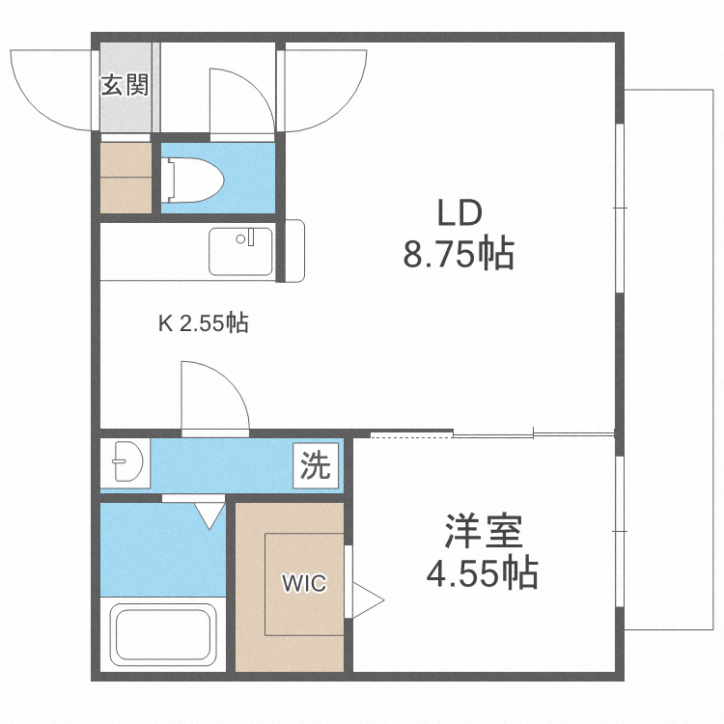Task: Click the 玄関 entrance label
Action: (125, 85)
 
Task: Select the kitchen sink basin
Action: (240, 251)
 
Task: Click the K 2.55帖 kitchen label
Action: (203, 323)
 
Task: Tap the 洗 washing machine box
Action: (315, 466)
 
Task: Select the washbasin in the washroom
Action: (126, 462)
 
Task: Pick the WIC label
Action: (304, 583)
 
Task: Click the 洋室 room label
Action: (484, 533)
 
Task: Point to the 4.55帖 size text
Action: (482, 575)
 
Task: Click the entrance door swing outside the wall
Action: (48, 92)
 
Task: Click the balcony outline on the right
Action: (672, 357)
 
